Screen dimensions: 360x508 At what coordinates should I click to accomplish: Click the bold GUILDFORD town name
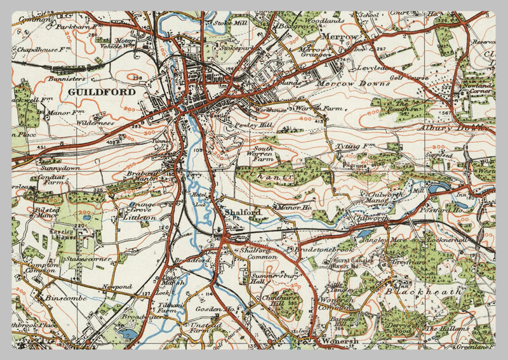pyautogui.click(x=101, y=92)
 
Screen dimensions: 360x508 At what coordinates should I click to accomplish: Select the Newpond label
pyautogui.click(x=117, y=287)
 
